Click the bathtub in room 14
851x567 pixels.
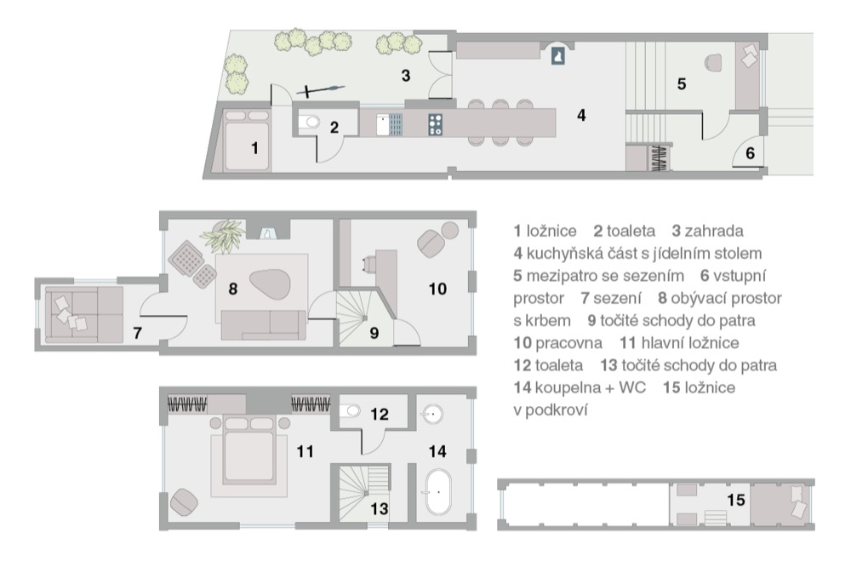pos(438,491)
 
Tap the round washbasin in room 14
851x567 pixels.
pos(432,414)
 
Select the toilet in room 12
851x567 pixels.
pos(351,410)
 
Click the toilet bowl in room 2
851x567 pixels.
pos(311,123)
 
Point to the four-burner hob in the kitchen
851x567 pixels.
pos(435,124)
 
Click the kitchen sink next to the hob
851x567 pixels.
pos(390,124)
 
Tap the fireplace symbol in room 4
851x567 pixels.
pos(558,55)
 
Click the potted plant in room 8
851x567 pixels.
pos(223,236)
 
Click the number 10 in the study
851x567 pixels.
pos(437,289)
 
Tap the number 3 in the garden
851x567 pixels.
pos(405,76)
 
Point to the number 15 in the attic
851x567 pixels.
pos(735,500)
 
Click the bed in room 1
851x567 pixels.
pos(247,140)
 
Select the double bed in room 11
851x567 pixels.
pos(249,450)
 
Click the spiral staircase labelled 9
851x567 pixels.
pos(364,318)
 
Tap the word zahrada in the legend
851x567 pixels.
pos(714,231)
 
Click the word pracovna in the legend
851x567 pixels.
pos(568,343)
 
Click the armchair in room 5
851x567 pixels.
pos(713,62)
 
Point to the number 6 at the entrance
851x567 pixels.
pos(750,153)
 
